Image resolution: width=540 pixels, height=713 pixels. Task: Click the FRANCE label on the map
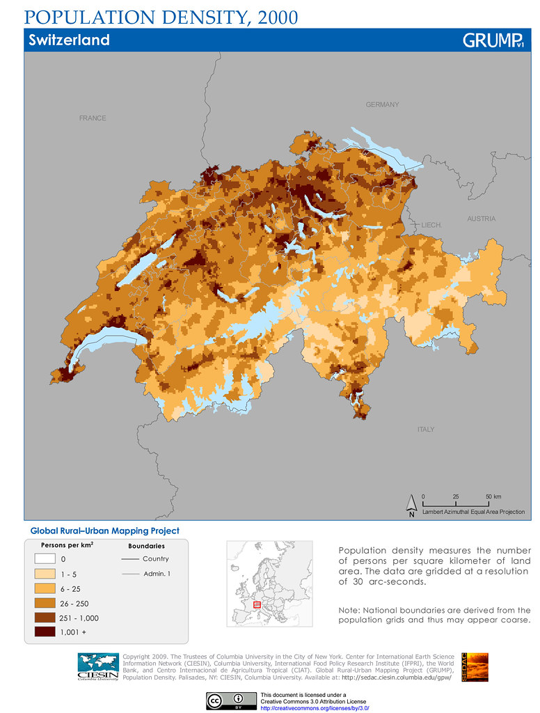point(93,118)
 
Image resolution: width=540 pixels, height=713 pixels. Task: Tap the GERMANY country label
point(382,104)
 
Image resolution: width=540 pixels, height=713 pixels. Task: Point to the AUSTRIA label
point(481,219)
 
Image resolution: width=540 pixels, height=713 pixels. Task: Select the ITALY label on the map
point(426,430)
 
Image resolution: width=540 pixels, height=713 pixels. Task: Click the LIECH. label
point(431,225)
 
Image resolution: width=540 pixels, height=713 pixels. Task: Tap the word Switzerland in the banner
point(69,40)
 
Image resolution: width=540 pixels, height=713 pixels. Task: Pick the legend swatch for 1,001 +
point(45,632)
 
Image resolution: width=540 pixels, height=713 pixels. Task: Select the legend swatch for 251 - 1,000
point(45,618)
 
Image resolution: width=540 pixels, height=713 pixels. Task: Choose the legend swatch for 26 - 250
point(45,603)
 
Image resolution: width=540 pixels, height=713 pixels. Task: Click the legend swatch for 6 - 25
point(45,588)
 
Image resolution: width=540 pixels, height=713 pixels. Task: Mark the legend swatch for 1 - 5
point(45,574)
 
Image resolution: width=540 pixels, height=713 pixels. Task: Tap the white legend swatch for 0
point(45,558)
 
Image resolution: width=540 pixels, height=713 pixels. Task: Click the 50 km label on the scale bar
point(493,496)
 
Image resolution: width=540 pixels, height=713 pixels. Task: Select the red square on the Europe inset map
point(257,605)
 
